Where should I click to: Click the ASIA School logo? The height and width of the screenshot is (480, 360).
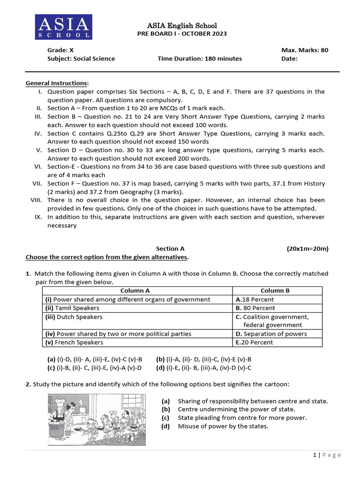[64, 27]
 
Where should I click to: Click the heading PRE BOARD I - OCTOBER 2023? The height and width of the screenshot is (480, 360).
[182, 34]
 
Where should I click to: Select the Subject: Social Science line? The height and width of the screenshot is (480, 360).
[81, 59]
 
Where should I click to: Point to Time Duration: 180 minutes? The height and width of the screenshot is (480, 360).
[200, 59]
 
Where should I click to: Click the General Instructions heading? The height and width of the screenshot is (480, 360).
[57, 83]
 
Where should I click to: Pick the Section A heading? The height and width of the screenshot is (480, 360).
[167, 249]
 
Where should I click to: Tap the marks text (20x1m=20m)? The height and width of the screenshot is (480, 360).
[307, 249]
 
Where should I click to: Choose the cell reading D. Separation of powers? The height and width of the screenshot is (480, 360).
[271, 334]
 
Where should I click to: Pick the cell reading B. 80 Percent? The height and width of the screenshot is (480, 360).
[255, 308]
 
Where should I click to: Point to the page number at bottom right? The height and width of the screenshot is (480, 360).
[327, 455]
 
